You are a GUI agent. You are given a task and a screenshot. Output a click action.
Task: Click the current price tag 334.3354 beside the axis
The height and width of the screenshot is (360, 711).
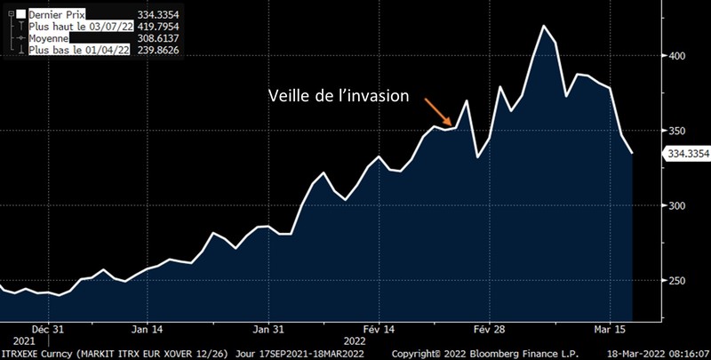(x=686, y=155)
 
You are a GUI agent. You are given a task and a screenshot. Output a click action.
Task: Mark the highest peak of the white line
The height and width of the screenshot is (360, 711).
(x=542, y=26)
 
